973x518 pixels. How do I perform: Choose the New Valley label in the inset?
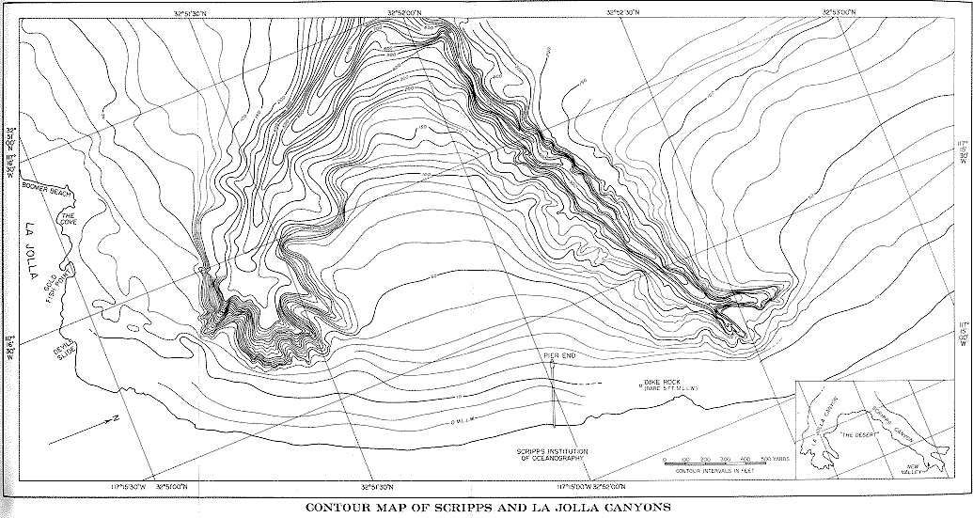913,470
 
